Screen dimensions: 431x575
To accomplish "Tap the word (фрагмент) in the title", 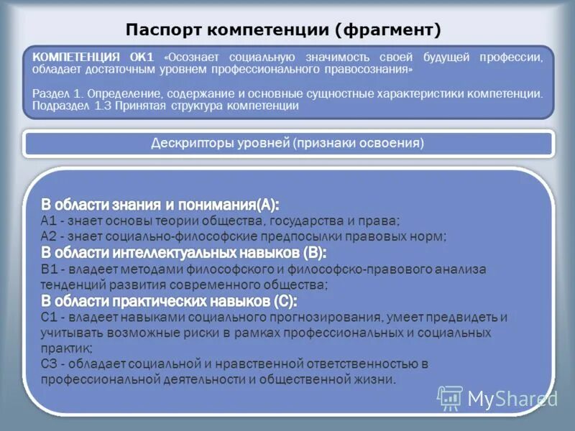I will click(x=387, y=30).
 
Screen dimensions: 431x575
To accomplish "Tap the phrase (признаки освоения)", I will click(x=358, y=143).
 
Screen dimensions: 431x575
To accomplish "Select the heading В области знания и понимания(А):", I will click(x=160, y=204).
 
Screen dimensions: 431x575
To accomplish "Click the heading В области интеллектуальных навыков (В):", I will click(x=183, y=252).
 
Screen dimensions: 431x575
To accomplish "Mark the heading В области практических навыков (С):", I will click(x=169, y=300).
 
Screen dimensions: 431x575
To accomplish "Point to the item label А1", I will click(x=49, y=221).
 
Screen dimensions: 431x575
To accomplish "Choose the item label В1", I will click(x=49, y=269).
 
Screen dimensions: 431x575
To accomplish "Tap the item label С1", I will click(x=49, y=317).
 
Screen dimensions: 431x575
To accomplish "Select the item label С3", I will click(x=49, y=364).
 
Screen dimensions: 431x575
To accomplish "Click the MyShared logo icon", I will click(x=450, y=398).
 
